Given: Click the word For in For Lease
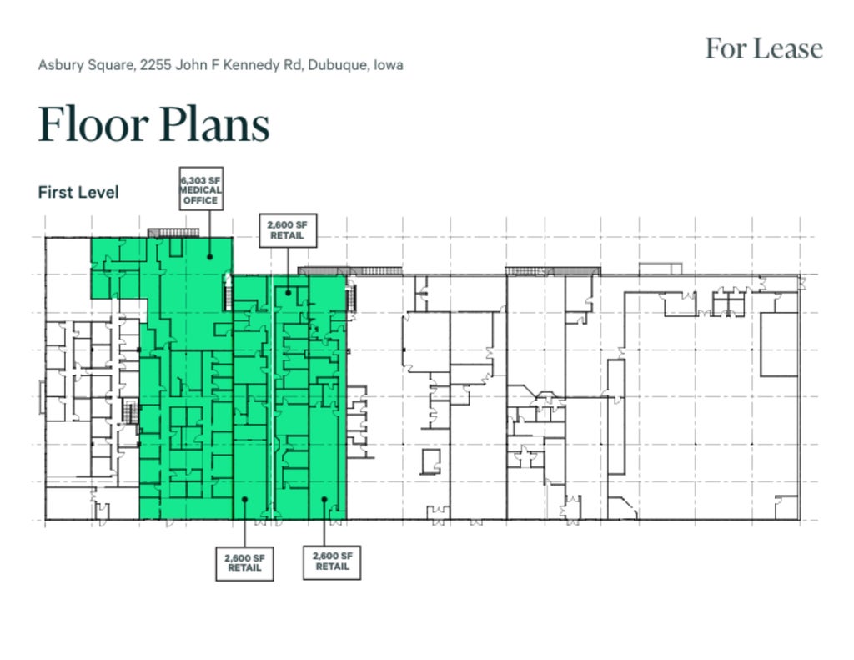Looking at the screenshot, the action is pyautogui.click(x=726, y=48).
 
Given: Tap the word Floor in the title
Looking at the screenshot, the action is pyautogui.click(x=93, y=123).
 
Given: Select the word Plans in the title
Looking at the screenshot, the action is pyautogui.click(x=215, y=123).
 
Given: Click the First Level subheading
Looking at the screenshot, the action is pyautogui.click(x=78, y=192).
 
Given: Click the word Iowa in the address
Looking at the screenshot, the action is pyautogui.click(x=389, y=65).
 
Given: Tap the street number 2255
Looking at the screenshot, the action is pyautogui.click(x=155, y=65).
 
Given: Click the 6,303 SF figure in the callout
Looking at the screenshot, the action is pyautogui.click(x=201, y=180).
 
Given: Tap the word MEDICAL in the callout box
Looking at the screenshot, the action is pyautogui.click(x=201, y=189).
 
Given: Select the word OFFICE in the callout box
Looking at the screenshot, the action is pyautogui.click(x=201, y=200).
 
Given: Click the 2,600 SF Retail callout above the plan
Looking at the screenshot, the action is pyautogui.click(x=288, y=230).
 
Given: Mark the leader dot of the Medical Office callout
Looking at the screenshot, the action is pyautogui.click(x=209, y=257).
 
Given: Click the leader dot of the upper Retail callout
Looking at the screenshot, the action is pyautogui.click(x=288, y=293).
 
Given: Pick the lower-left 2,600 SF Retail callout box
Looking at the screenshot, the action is pyautogui.click(x=244, y=563).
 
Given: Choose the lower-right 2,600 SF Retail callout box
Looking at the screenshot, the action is pyautogui.click(x=332, y=562).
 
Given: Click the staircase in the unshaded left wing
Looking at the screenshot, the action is pyautogui.click(x=130, y=411).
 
